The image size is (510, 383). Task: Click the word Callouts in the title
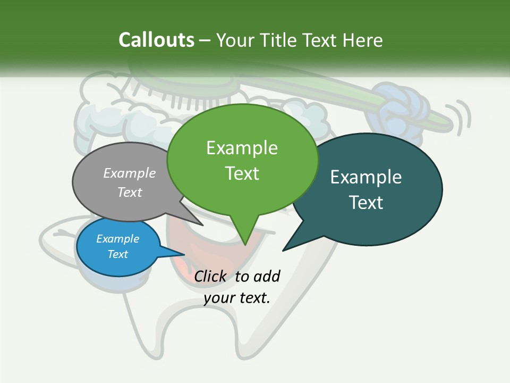pos(156,40)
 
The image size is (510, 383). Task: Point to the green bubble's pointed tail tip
pos(245,245)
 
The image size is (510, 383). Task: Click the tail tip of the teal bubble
pos(283,250)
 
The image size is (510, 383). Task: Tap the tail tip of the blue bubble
pos(184,255)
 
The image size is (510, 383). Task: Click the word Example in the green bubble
pos(242,147)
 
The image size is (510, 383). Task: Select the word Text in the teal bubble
pos(366,203)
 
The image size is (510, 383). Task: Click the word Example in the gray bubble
pos(130,173)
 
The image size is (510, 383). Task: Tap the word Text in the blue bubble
pos(118,254)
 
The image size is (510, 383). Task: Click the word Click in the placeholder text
pos(210,276)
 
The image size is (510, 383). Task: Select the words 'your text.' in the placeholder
pos(237,298)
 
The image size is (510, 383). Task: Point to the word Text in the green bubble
pos(242,173)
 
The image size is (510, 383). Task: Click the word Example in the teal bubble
pos(366,177)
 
